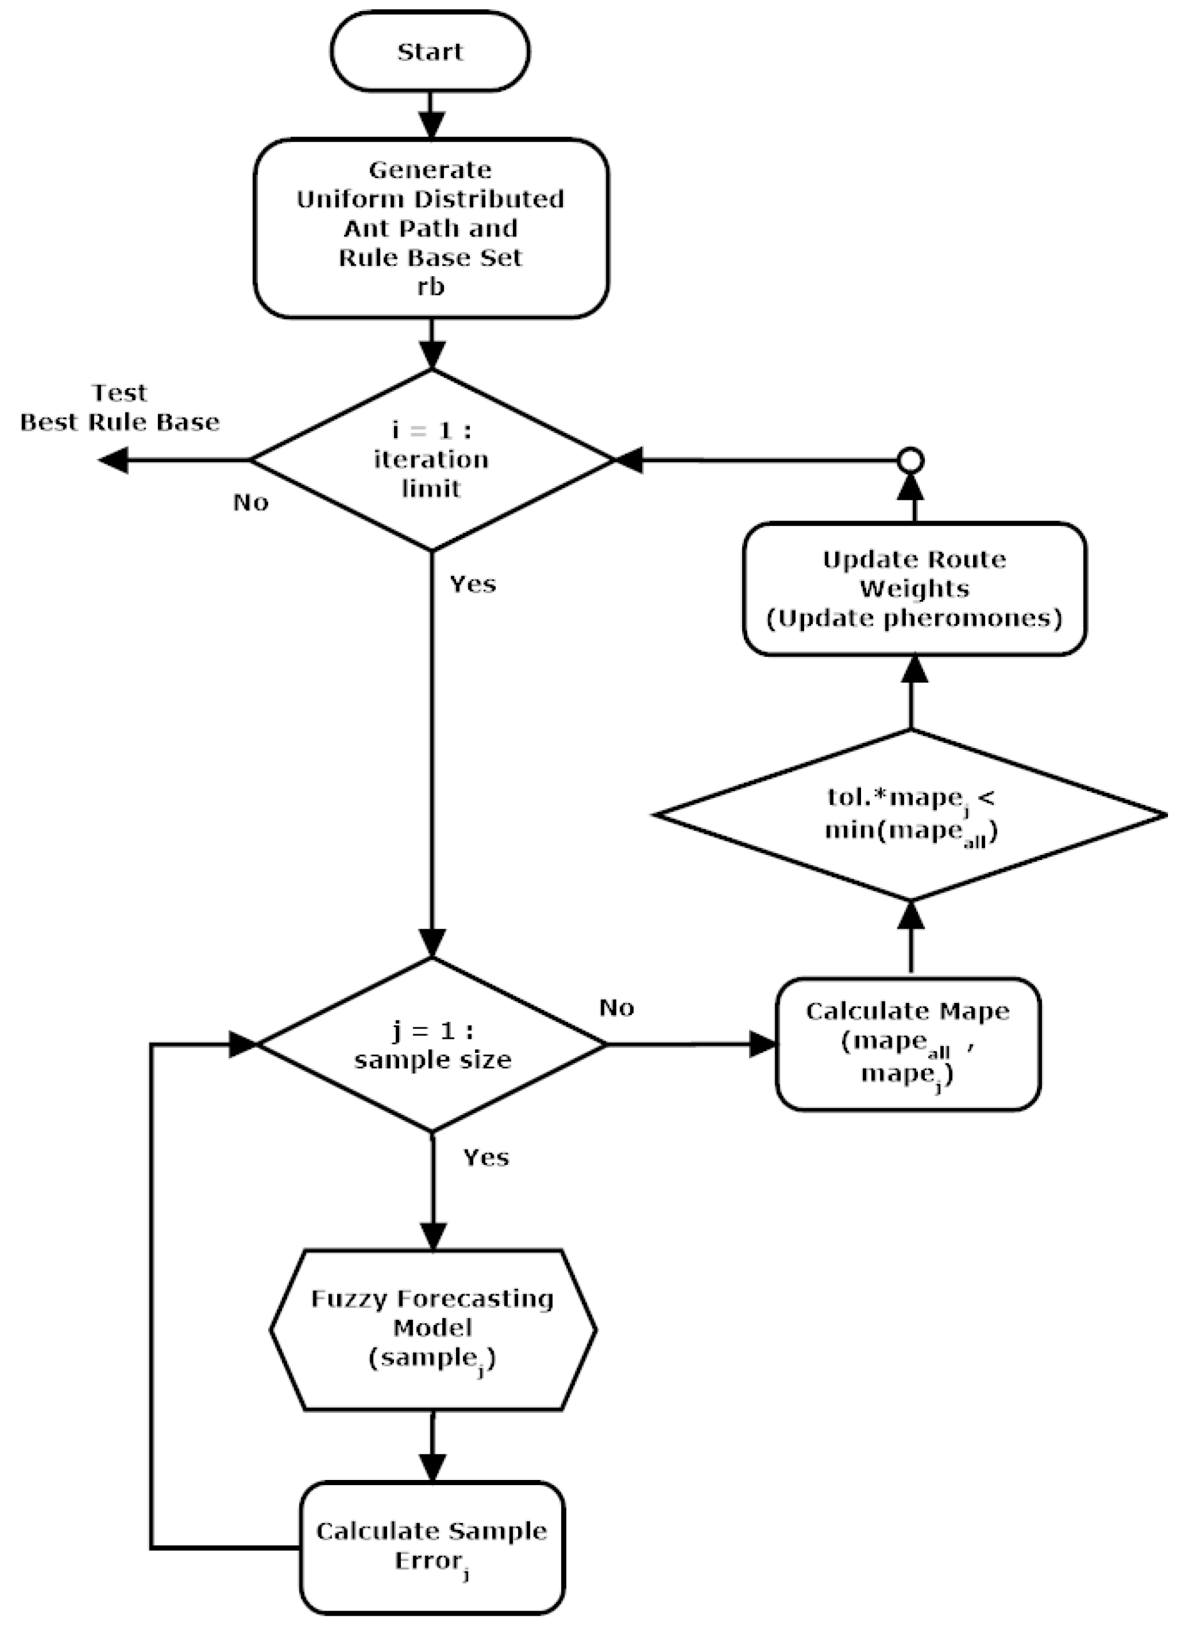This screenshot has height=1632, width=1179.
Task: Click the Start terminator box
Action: [430, 52]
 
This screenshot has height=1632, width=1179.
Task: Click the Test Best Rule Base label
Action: [120, 407]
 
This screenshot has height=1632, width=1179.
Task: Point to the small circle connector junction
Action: [912, 460]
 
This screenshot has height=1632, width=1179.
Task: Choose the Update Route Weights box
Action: [914, 588]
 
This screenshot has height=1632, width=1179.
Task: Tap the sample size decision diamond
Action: [432, 1045]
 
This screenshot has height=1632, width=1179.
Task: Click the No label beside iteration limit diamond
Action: [250, 502]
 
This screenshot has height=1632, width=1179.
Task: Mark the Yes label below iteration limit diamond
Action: [473, 584]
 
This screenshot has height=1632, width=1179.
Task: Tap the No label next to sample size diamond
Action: [616, 1008]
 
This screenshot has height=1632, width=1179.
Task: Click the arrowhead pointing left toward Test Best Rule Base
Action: [113, 460]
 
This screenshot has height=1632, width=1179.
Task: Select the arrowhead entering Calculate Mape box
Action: [762, 1044]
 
